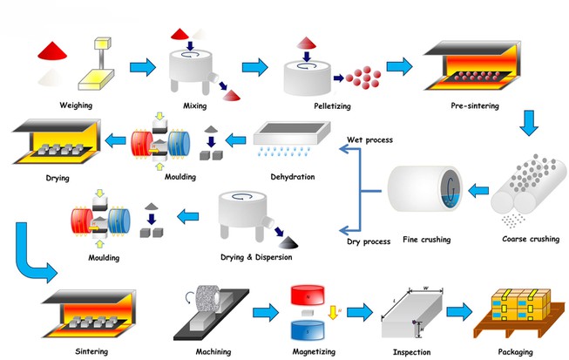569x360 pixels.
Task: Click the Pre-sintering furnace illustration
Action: coord(474,65)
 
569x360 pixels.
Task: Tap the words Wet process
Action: coord(369,139)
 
